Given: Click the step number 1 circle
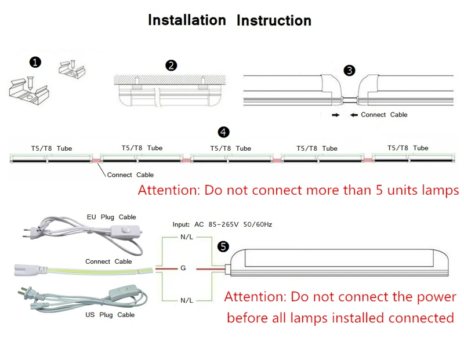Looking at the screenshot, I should pos(36,62).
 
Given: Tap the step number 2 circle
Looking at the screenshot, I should pos(171,66).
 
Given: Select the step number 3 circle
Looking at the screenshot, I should pos(349,70).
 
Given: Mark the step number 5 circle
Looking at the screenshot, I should pos(223,246).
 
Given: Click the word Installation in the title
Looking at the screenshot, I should pos(187,20).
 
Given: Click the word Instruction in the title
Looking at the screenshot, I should pos(274,21).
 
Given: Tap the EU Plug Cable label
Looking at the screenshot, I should pos(111,217).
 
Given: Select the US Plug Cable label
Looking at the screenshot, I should pos(110,315).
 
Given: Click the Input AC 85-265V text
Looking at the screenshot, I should pos(222,224).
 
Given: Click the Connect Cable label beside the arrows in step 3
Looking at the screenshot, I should pos(383,115).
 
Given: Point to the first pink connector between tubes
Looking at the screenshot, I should pos(96,157).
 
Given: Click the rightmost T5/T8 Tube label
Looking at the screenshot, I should pos(408,148).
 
